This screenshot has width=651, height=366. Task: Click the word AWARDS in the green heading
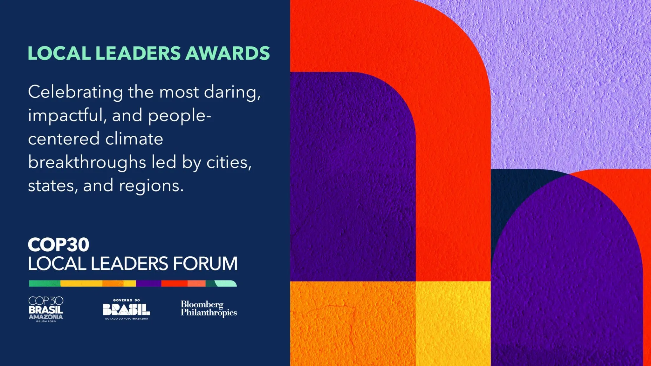click(x=227, y=53)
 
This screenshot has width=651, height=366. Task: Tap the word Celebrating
click(x=75, y=92)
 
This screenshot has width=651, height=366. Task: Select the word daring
click(x=232, y=92)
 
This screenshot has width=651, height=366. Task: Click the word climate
click(x=134, y=139)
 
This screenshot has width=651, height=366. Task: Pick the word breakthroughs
click(x=87, y=162)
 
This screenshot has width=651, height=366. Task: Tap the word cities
click(x=229, y=162)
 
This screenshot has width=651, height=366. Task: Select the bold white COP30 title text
click(x=58, y=245)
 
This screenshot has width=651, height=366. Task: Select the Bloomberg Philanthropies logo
click(x=209, y=308)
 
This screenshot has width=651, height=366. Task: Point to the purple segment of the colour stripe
click(x=148, y=283)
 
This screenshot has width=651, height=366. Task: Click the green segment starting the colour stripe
click(x=45, y=283)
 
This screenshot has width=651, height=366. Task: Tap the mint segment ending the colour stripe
click(x=226, y=283)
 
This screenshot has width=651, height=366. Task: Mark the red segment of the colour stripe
click(x=174, y=283)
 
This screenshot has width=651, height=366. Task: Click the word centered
click(x=64, y=139)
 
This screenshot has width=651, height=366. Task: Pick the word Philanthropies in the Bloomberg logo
click(x=209, y=313)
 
